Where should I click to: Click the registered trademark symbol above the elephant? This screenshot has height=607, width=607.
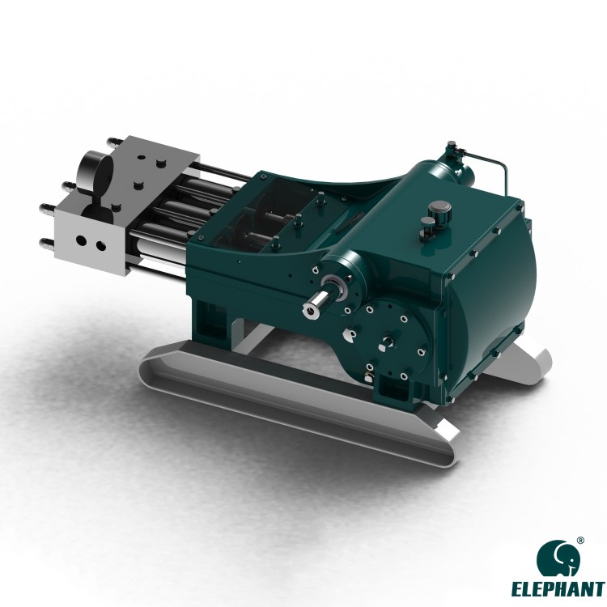579,540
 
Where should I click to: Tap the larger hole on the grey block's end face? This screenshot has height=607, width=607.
82,241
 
